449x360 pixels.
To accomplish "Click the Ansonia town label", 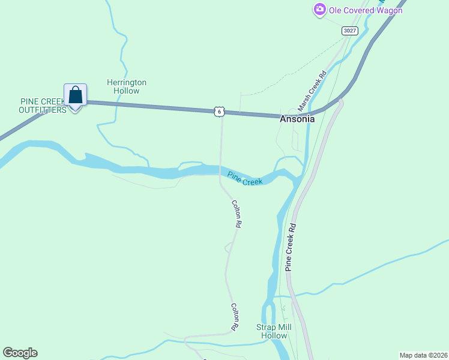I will pyautogui.click(x=297, y=119).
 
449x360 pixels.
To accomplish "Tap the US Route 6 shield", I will pyautogui.click(x=220, y=112).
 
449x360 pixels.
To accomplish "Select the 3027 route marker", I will pyautogui.click(x=349, y=30).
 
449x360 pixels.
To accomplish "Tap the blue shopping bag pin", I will pyautogui.click(x=75, y=95).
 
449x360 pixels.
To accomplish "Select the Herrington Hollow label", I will pyautogui.click(x=126, y=86).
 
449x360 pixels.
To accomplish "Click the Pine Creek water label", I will pyautogui.click(x=245, y=178).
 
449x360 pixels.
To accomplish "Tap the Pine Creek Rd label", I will pyautogui.click(x=291, y=247).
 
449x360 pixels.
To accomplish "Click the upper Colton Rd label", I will pyautogui.click(x=237, y=213).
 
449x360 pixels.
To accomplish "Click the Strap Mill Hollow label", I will pyautogui.click(x=274, y=331).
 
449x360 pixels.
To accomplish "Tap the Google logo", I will pyautogui.click(x=20, y=353).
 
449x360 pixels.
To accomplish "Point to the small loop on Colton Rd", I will pyautogui.click(x=229, y=247).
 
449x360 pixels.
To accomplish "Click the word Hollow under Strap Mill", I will pyautogui.click(x=274, y=335).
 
